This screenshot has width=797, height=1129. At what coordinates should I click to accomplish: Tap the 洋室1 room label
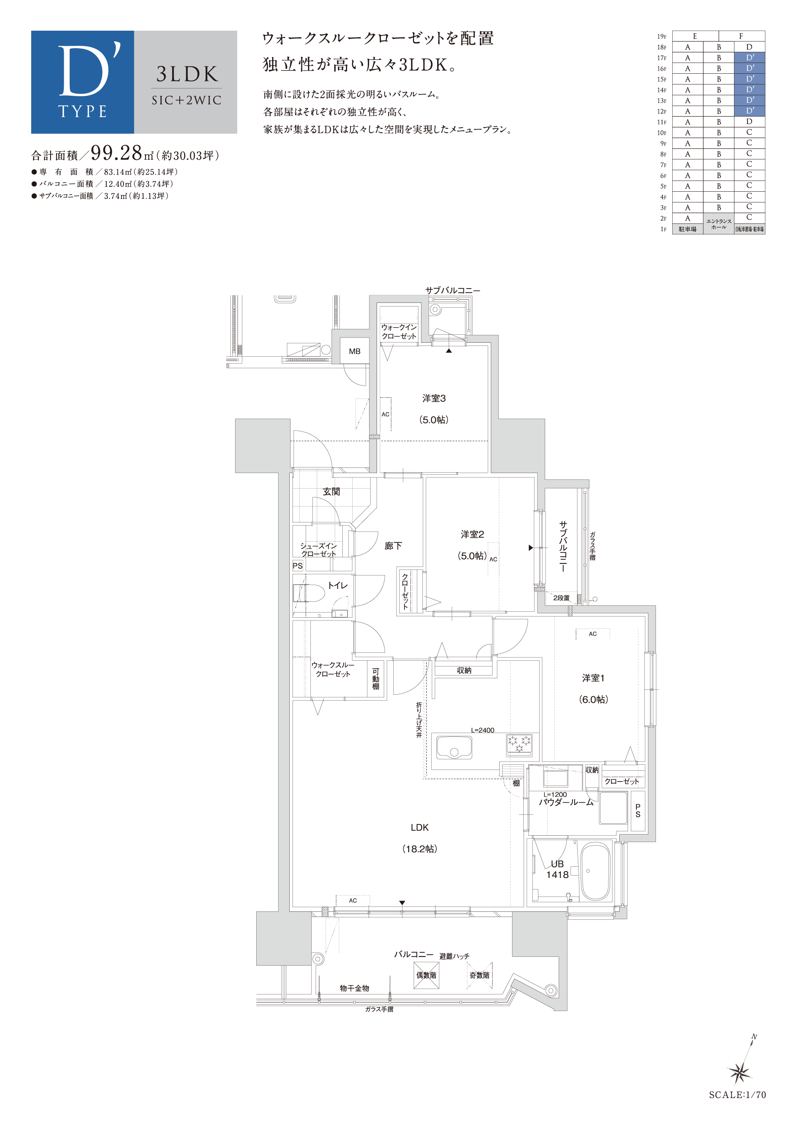click(593, 678)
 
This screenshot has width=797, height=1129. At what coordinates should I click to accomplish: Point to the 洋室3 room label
click(434, 398)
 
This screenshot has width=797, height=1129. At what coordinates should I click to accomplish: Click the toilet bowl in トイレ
click(309, 593)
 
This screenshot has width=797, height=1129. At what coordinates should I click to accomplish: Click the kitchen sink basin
click(454, 748)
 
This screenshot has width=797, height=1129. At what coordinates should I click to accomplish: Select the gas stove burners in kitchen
click(519, 744)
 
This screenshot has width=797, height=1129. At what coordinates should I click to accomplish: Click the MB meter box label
click(355, 351)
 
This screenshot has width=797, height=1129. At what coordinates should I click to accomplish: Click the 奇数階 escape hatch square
click(479, 975)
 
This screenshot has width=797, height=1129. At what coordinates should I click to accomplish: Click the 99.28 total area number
click(116, 153)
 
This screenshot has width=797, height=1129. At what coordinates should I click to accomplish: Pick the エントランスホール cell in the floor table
click(718, 224)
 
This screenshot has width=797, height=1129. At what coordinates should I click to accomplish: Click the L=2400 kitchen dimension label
click(482, 730)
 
